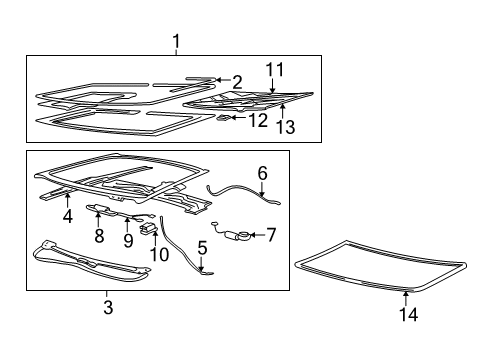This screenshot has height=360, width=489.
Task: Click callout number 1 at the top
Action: point(176,42)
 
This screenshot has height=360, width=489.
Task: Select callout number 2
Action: point(237,81)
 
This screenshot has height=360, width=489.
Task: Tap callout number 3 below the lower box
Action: point(108,308)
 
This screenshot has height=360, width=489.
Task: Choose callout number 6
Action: point(262,172)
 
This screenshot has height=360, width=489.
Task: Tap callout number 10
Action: point(156,253)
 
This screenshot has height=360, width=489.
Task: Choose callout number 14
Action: point(407,314)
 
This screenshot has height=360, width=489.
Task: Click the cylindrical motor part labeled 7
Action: point(240,236)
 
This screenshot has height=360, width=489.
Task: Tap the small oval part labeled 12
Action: point(225,118)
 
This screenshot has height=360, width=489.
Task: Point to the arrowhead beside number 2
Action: point(217,80)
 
